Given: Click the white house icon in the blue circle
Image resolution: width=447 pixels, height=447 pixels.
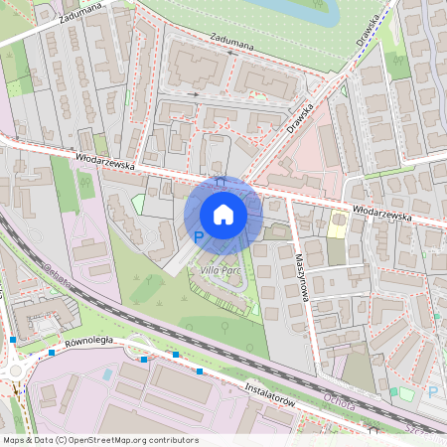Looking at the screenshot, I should pyautogui.click(x=223, y=215).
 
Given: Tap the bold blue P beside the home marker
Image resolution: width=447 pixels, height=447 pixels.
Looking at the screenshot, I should pyautogui.click(x=198, y=237).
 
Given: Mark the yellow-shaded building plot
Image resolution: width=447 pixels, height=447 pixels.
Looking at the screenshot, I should pyautogui.click(x=338, y=225).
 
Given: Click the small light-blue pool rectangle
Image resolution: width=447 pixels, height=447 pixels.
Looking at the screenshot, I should pyautogui.click(x=106, y=374).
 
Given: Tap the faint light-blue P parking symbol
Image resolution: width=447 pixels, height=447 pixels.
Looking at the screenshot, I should pyautogui.click(x=431, y=391).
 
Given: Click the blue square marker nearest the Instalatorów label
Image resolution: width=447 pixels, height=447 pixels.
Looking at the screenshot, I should pyautogui.click(x=200, y=372).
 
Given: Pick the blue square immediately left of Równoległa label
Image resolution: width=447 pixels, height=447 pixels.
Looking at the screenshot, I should pyautogui.click(x=52, y=352).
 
